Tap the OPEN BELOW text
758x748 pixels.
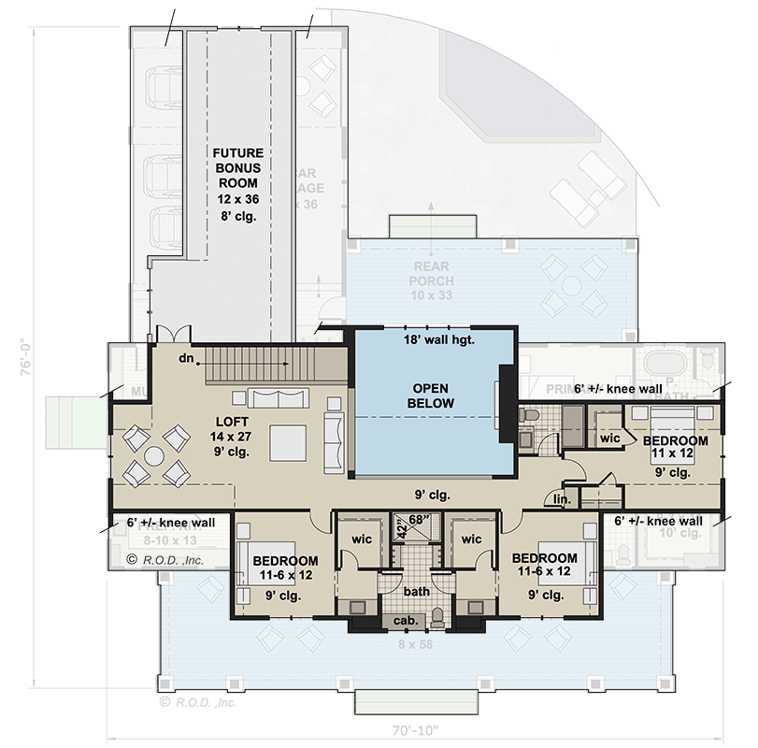pyautogui.click(x=431, y=396)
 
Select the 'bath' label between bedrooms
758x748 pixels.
pyautogui.click(x=416, y=592)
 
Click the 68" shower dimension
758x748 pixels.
pyautogui.click(x=418, y=520)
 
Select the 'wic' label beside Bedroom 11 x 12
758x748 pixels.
pyautogui.click(x=611, y=438)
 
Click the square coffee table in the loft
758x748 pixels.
pyautogui.click(x=288, y=442)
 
